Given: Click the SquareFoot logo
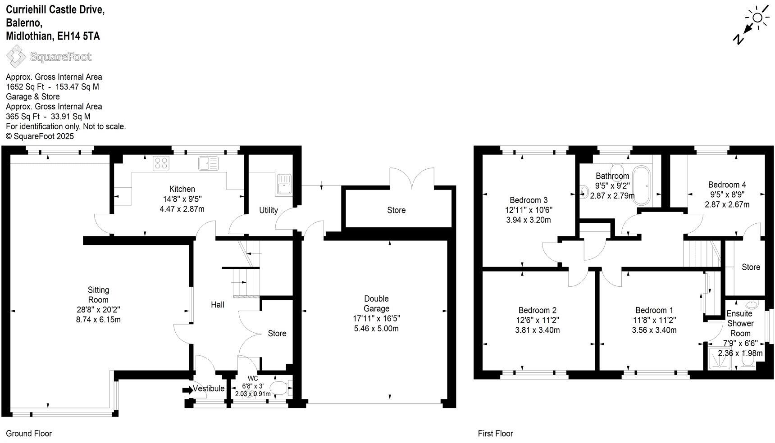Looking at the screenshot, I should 48,57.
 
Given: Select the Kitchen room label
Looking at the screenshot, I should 182,189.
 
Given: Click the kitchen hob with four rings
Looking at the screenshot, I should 161,163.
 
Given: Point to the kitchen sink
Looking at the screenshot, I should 208,163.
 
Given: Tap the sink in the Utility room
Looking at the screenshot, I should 284,184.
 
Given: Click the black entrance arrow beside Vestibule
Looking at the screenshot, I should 187,390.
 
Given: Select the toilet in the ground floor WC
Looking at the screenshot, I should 281,388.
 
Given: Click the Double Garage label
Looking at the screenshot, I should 376,303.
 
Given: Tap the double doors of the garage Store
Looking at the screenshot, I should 412,179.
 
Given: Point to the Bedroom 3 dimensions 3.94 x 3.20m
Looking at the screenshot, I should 529,220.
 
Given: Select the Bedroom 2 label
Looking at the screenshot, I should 537,310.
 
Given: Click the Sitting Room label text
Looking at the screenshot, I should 98,295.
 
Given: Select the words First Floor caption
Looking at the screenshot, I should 495,434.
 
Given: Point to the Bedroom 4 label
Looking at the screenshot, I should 727,185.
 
